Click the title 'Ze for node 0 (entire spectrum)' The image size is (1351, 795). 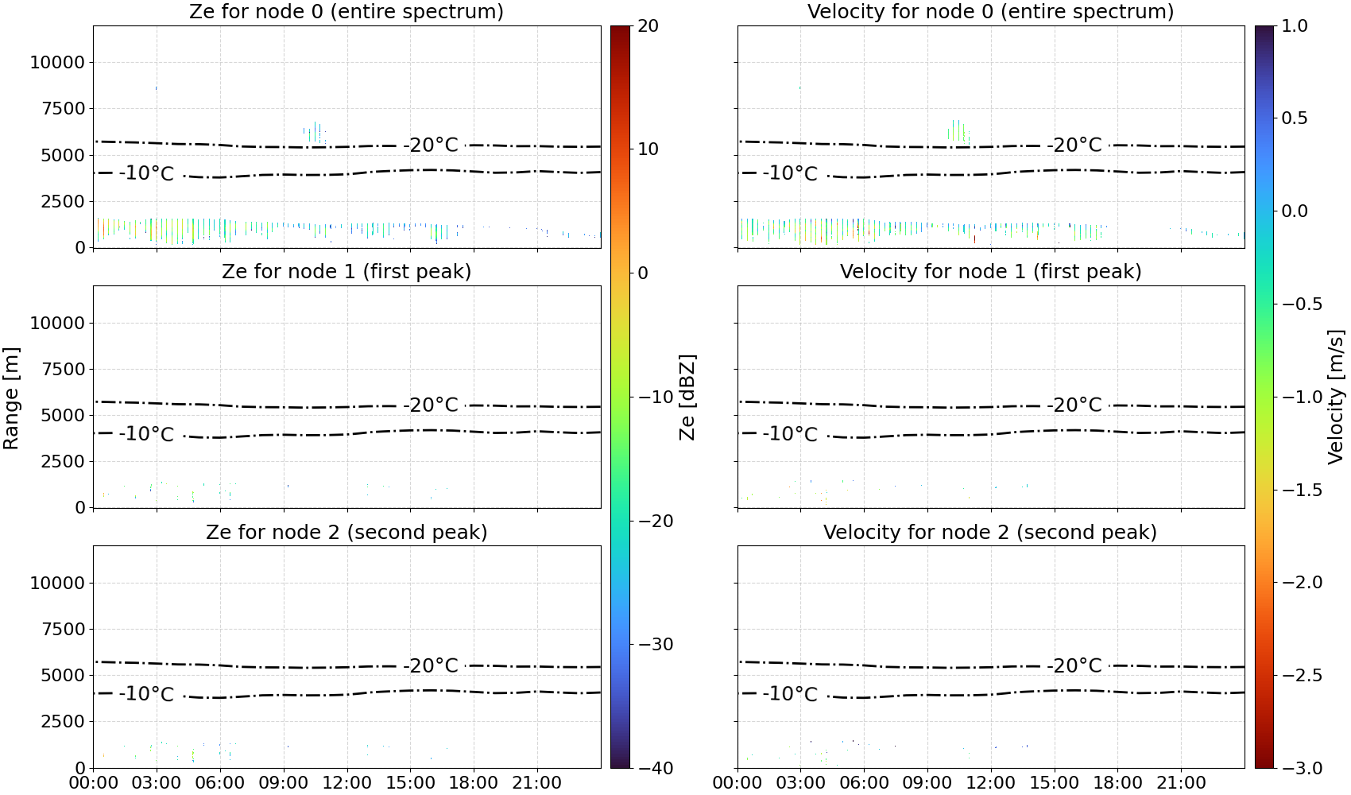(x=346, y=11)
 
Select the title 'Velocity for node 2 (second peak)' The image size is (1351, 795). (x=990, y=532)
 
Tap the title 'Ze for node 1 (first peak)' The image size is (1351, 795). (x=346, y=271)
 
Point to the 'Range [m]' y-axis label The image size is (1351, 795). (x=11, y=398)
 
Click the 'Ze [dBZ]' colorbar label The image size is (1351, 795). (x=687, y=397)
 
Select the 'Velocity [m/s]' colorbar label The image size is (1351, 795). (x=1337, y=397)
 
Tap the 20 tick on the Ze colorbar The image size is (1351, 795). (x=648, y=26)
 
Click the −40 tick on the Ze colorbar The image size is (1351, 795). (x=656, y=768)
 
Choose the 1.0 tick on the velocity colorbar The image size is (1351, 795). (x=1295, y=26)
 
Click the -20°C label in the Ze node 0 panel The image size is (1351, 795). (x=431, y=145)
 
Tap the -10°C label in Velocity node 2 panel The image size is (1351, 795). (x=790, y=694)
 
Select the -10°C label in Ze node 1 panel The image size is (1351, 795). (x=146, y=434)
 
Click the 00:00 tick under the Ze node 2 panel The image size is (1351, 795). (x=94, y=783)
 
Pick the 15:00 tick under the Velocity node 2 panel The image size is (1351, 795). (x=1055, y=783)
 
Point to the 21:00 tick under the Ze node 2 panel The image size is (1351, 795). (x=536, y=783)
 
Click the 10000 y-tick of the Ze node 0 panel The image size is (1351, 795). (x=58, y=62)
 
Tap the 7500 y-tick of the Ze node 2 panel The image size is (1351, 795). (x=64, y=629)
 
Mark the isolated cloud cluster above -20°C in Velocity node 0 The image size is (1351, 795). (x=958, y=131)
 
